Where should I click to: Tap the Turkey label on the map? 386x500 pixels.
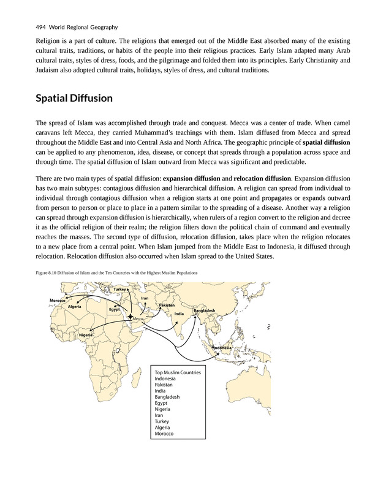point(119,289)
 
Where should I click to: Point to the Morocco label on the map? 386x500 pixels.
point(58,299)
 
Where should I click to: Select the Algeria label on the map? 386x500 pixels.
point(75,306)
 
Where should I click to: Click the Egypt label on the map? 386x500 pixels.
point(114,309)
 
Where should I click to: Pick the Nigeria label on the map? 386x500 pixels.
point(86,335)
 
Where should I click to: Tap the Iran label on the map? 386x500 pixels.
point(145,298)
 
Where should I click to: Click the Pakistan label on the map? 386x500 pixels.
point(167,305)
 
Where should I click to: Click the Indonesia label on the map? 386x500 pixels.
point(222,348)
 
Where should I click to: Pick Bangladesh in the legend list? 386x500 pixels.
point(168,397)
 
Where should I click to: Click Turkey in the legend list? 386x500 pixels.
point(163,421)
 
